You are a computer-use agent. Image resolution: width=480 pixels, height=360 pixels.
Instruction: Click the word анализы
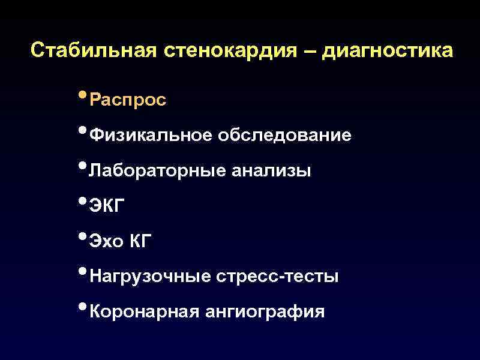(271, 171)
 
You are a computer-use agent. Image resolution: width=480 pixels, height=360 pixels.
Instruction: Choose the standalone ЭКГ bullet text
(107, 206)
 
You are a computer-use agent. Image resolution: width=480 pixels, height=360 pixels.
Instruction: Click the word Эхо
(106, 241)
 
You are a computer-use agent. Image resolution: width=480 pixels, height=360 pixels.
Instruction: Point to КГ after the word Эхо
(142, 241)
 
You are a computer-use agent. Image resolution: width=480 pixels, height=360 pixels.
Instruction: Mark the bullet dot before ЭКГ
(82, 202)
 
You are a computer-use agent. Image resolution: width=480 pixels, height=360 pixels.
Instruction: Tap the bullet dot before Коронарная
(82, 307)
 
